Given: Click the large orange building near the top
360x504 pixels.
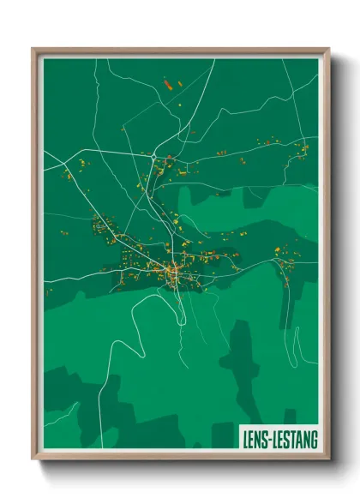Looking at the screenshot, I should (168, 84).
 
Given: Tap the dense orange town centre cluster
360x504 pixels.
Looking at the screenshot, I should (173, 272).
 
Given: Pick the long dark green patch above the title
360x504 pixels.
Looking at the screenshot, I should (237, 360).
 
